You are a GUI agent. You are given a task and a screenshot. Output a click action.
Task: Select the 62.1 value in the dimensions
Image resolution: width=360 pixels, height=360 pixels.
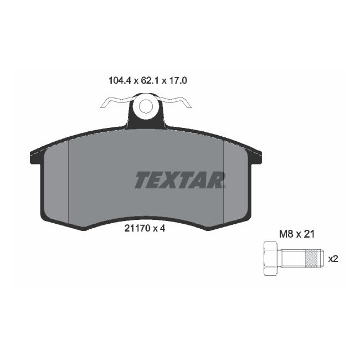(x=147, y=80)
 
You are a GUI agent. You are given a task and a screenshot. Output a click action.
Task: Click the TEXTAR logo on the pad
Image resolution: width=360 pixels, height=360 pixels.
(x=180, y=180)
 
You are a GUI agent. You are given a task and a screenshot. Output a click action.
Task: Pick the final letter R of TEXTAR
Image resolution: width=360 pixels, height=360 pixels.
(x=217, y=180)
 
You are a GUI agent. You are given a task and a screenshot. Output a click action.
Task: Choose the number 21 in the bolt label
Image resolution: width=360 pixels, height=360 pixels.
(x=309, y=234)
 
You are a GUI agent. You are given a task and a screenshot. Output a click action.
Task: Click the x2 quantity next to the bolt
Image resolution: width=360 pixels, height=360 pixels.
(x=333, y=258)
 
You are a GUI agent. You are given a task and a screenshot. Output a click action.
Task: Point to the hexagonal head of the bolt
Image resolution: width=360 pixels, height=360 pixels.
(x=270, y=258)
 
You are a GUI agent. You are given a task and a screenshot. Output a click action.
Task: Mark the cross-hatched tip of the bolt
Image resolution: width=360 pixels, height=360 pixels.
(x=313, y=258)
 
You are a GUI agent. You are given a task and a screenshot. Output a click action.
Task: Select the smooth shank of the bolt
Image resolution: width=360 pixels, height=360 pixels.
(x=293, y=258)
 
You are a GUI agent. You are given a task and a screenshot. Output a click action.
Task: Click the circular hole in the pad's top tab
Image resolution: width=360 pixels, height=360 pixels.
(x=146, y=106)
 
